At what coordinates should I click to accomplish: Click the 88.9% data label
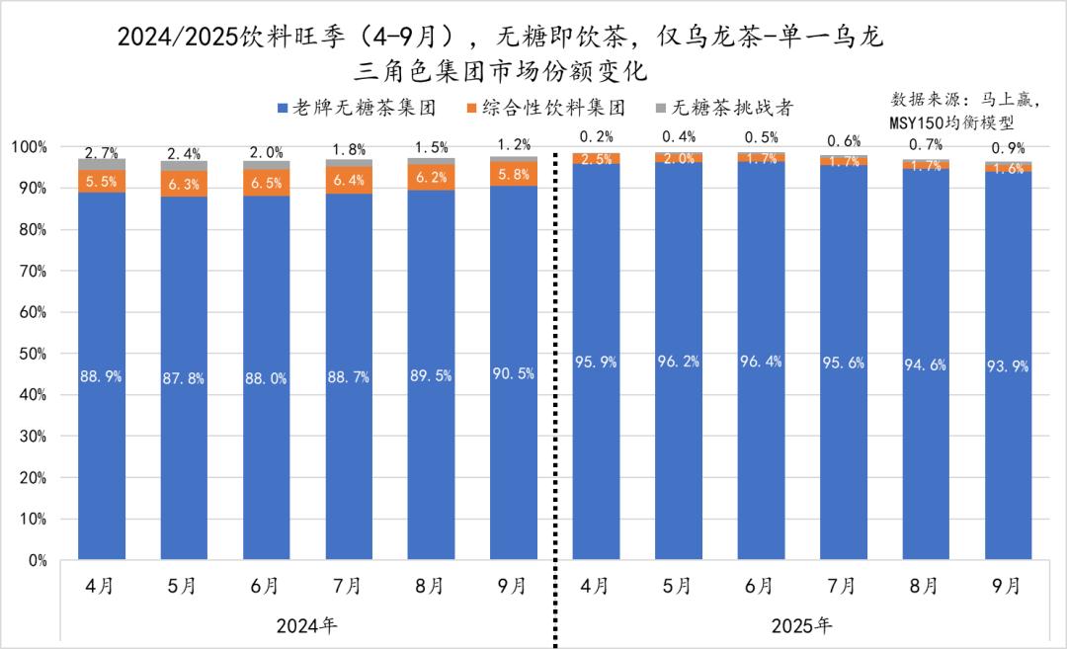[x=102, y=376]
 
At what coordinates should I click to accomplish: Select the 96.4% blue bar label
[x=760, y=362]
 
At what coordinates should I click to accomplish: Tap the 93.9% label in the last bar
[x=1007, y=366]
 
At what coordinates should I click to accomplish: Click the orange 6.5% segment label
[x=267, y=183]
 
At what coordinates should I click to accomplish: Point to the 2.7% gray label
[x=102, y=153]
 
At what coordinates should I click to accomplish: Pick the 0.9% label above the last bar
[x=1007, y=149]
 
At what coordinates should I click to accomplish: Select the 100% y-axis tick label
[x=29, y=147]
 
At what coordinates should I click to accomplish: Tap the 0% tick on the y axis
[x=38, y=560]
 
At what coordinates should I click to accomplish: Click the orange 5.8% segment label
[x=513, y=173]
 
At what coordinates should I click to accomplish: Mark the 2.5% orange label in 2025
[x=596, y=159]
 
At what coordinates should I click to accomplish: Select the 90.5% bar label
[x=513, y=373]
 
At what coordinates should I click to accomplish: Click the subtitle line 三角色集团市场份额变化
[x=504, y=71]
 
